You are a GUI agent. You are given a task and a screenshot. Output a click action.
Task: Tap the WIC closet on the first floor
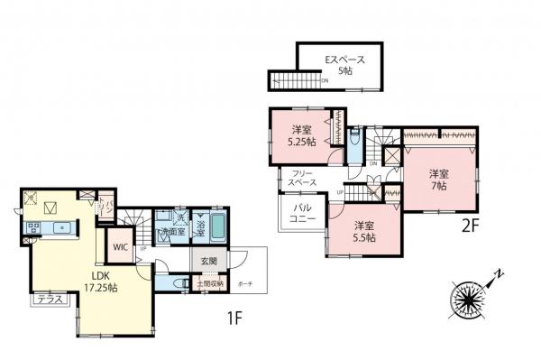[120, 245]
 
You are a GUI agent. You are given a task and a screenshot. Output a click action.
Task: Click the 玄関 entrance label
[206, 262]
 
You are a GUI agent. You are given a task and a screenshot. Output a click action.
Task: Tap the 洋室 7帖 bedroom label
[439, 179]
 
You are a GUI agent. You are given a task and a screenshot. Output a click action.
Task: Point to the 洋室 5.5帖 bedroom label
[363, 231]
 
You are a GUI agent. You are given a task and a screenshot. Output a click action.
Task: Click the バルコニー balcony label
[301, 214]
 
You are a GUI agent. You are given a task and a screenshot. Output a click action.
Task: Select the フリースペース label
[302, 178]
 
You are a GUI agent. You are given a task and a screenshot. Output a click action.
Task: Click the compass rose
[469, 298]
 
